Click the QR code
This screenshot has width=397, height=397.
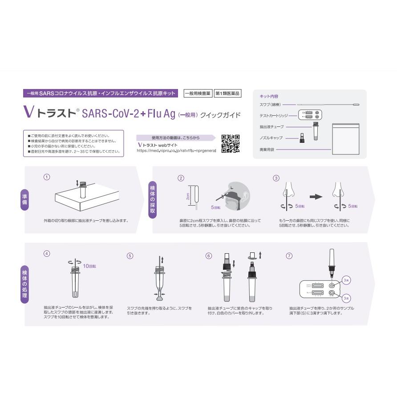click(231, 143)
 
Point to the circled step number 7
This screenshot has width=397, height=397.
click(289, 256)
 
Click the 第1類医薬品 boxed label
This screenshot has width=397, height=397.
click(227, 93)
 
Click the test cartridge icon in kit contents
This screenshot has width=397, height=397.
click(309, 115)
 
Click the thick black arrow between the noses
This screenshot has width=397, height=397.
click(316, 196)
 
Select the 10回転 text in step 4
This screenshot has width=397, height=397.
click(89, 266)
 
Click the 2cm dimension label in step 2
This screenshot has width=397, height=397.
click(189, 195)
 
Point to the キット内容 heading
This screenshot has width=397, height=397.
click(268, 96)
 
